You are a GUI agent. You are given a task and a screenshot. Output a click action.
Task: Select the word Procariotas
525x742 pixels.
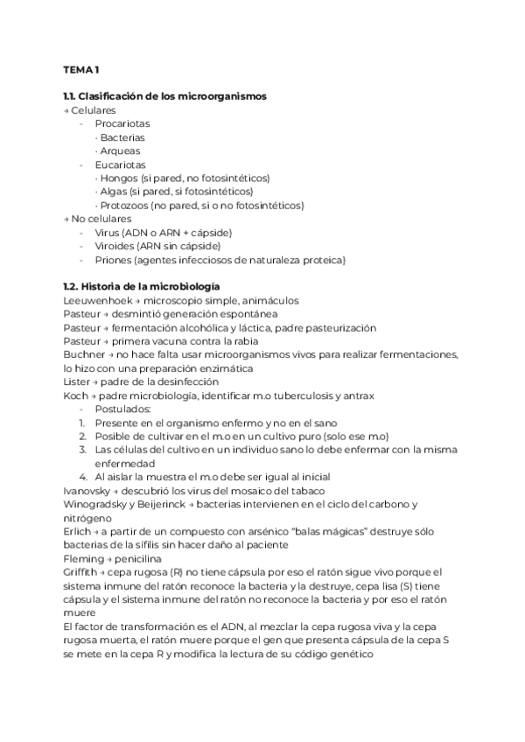point(123,123)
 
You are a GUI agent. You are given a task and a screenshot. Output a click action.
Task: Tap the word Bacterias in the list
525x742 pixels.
point(122,137)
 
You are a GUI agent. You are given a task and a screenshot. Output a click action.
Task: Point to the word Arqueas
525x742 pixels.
point(120,150)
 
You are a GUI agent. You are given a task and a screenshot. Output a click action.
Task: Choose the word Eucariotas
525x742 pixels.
point(121,164)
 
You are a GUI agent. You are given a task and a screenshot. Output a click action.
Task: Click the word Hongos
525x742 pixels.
point(118,178)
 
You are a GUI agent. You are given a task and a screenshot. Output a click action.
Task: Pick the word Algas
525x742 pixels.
point(114,192)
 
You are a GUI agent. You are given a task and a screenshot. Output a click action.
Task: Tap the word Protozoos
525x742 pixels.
point(123,206)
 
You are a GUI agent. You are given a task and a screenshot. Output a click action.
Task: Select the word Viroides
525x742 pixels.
point(115,247)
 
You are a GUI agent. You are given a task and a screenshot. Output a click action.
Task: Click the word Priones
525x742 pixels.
point(114,260)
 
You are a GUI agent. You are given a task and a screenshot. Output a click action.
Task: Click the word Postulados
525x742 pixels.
point(122,409)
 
